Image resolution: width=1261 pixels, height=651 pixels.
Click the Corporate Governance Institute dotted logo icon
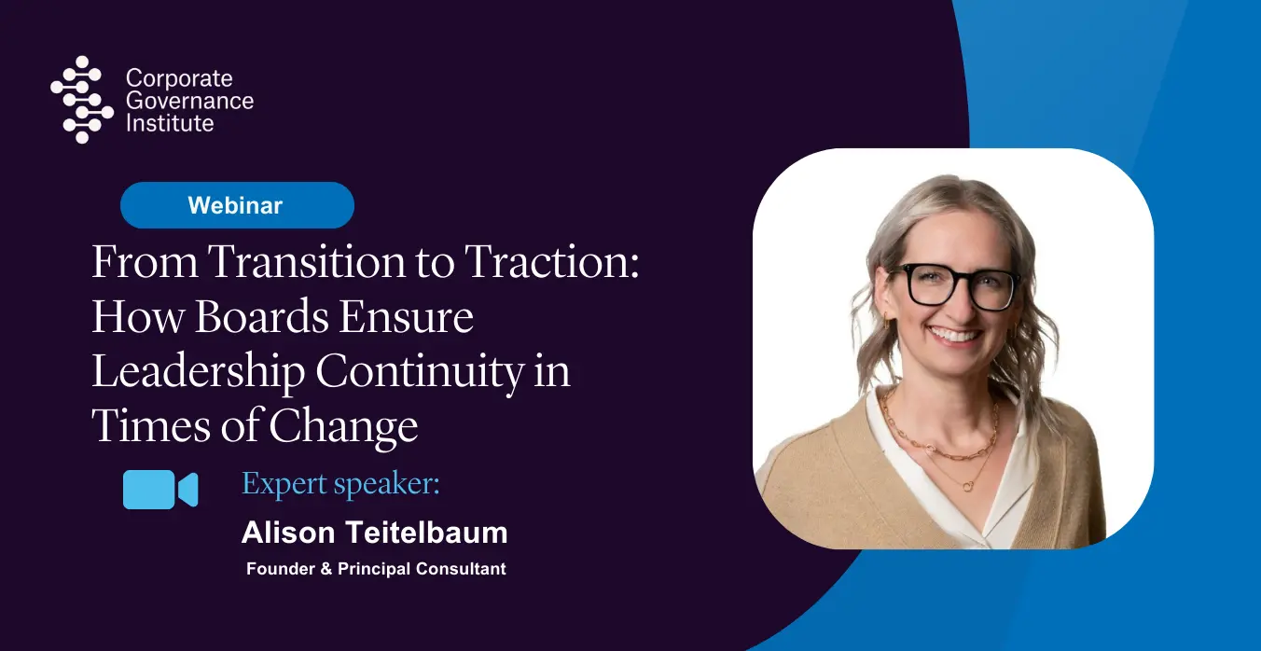pos(82,100)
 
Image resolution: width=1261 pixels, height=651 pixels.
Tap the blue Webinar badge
pos(237,205)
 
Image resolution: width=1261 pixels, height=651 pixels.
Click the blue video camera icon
pos(160,490)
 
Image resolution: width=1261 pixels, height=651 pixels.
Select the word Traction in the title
pos(552,262)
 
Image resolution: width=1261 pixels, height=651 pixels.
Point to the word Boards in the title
pos(262,316)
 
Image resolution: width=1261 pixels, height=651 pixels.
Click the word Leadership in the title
pos(198,372)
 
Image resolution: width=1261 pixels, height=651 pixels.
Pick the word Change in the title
pos(343,426)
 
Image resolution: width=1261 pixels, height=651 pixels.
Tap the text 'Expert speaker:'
pos(340,484)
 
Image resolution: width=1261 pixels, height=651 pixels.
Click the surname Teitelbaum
pos(426,533)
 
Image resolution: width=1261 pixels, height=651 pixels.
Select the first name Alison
pos(288,533)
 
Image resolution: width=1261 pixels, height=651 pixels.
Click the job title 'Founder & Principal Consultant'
pos(376,569)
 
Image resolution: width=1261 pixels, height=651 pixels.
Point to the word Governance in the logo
pos(189,101)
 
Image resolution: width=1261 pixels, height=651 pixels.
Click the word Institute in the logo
pos(170,123)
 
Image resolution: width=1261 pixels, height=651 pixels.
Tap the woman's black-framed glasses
pos(956,286)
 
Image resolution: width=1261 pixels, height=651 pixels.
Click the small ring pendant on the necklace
pos(968,485)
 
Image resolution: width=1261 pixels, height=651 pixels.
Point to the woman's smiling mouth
pos(955,335)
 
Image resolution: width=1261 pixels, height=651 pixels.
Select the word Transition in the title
pos(307,262)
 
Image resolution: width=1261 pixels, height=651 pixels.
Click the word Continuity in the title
pos(420,372)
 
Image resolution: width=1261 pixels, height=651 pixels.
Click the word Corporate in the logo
pos(179,78)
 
